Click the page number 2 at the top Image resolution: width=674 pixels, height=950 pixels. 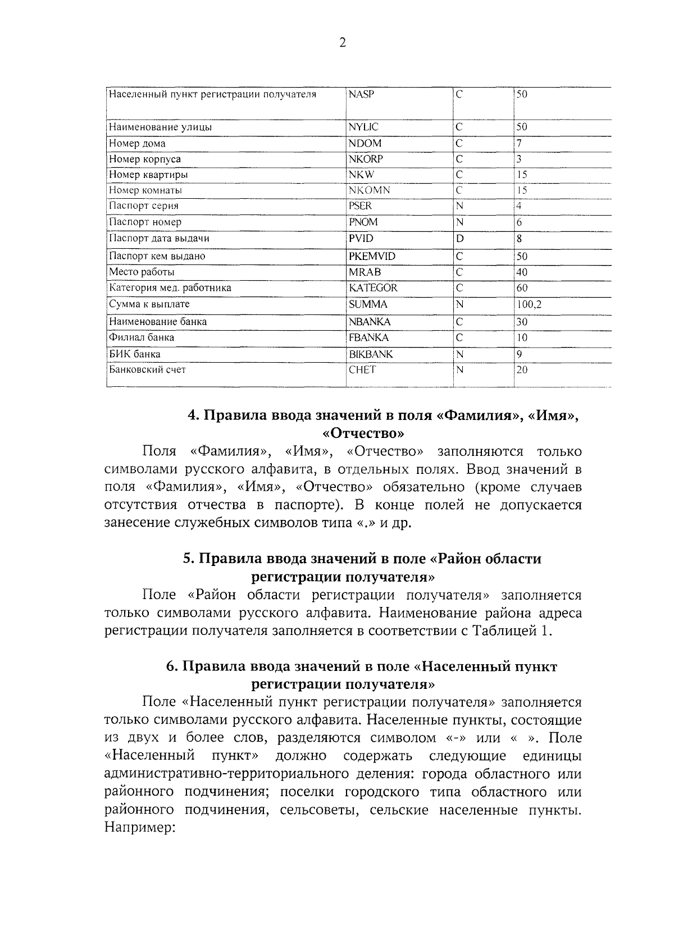point(342,43)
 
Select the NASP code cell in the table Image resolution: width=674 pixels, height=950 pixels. point(361,94)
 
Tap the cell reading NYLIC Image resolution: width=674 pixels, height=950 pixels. point(363,127)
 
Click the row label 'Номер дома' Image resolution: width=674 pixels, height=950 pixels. point(137,143)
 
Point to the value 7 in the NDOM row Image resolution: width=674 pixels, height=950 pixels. point(520,143)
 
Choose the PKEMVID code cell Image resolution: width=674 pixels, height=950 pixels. point(372,256)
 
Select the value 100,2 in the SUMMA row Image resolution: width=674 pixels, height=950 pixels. point(529,304)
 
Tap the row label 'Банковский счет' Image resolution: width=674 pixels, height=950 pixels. point(147,369)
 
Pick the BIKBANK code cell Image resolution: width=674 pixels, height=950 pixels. point(371,354)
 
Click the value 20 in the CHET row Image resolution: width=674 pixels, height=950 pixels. point(522,369)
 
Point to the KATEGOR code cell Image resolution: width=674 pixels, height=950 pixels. point(373,288)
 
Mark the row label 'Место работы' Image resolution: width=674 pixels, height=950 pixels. point(142,272)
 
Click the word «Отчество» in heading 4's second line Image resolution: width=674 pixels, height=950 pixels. point(363,433)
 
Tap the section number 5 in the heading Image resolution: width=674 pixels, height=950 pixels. point(188,559)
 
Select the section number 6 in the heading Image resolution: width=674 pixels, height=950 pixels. point(172,666)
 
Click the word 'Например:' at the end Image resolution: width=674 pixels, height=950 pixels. point(140,828)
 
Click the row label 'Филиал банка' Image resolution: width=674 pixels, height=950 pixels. point(142,337)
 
